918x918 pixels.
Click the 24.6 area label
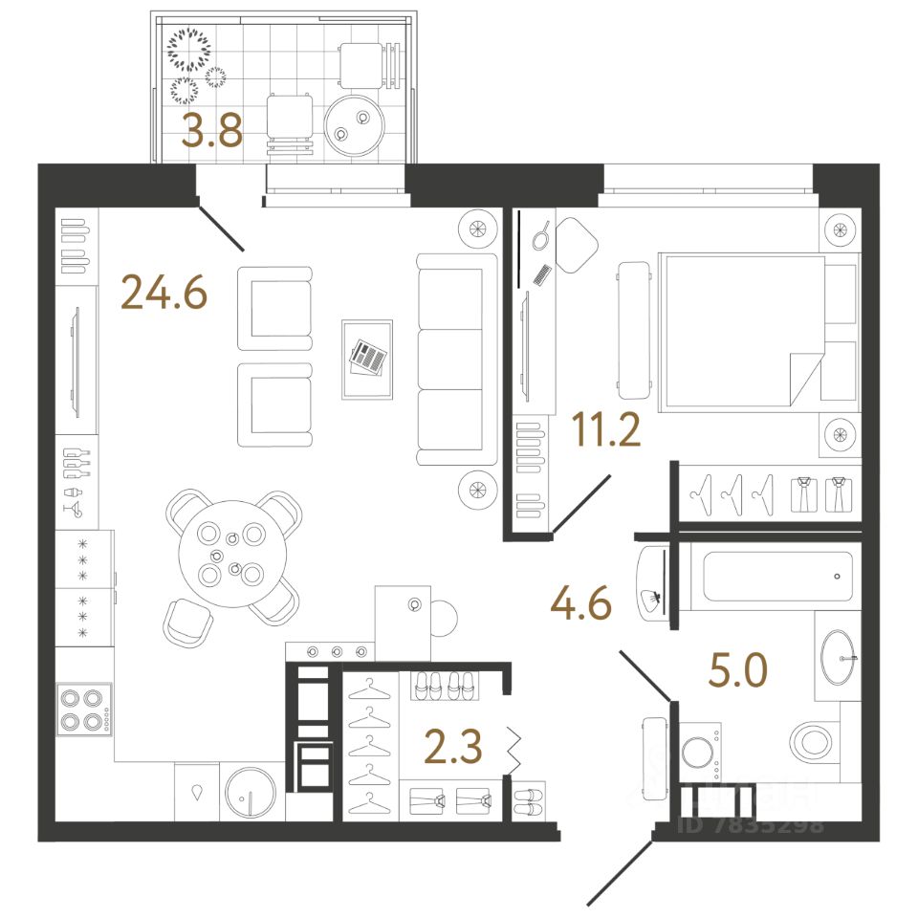point(164,293)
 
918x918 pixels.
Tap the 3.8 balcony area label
point(211,132)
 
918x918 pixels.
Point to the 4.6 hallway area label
point(580,602)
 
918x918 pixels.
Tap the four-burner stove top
point(80,709)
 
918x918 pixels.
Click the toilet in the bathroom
point(813,739)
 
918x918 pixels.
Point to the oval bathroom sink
point(841,658)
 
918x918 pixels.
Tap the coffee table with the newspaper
point(367,359)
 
